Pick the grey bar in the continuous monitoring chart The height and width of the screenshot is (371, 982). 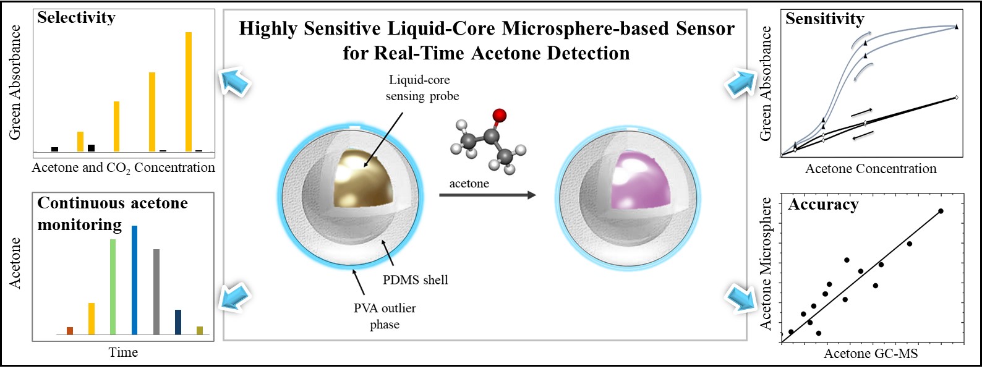(x=156, y=291)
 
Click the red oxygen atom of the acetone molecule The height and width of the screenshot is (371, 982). (x=500, y=115)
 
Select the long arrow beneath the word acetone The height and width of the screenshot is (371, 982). (x=487, y=195)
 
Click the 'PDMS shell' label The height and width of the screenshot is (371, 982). (x=415, y=280)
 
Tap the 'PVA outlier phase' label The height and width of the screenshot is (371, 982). (x=385, y=316)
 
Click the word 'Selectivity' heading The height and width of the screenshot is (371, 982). (x=76, y=18)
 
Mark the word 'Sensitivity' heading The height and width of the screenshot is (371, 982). (x=824, y=19)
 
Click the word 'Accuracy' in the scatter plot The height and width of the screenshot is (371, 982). (x=823, y=205)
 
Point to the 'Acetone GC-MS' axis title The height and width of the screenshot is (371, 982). (x=870, y=354)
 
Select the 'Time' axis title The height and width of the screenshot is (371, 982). (x=123, y=352)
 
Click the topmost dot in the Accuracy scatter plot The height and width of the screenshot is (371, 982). (x=941, y=211)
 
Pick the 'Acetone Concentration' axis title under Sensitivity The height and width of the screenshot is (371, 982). (x=870, y=169)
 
